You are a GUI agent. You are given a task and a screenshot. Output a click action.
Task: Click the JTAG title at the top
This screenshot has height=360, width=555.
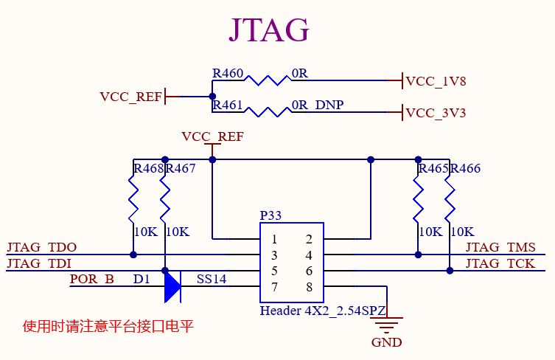click(268, 30)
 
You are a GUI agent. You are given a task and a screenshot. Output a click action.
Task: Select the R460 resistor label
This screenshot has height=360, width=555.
click(227, 74)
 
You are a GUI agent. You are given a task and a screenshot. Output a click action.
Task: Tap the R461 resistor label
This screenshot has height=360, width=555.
click(227, 105)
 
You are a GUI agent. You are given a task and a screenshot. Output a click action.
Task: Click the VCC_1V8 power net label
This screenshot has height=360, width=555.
click(436, 81)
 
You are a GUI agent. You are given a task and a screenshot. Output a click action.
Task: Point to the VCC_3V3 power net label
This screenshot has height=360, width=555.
click(436, 114)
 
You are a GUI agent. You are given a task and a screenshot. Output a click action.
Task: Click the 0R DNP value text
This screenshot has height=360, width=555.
click(318, 105)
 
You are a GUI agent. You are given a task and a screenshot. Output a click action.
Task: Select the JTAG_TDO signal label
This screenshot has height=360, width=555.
click(41, 248)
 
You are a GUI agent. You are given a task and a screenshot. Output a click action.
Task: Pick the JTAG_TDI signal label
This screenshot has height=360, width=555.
click(39, 263)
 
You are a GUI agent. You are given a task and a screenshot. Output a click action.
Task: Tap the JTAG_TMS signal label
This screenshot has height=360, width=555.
click(500, 248)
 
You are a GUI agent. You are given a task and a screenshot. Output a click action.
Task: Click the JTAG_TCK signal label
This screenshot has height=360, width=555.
click(500, 263)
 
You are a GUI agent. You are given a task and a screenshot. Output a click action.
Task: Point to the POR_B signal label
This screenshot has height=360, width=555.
click(92, 280)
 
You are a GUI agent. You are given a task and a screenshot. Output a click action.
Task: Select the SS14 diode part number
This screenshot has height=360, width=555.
click(212, 280)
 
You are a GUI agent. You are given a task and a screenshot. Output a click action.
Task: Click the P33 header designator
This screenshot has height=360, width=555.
click(270, 215)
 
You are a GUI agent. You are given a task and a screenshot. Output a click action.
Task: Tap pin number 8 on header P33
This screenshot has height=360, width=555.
click(309, 287)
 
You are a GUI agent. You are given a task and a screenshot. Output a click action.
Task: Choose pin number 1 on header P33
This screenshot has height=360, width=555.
click(274, 239)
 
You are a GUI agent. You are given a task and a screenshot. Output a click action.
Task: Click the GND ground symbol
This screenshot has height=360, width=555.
click(386, 325)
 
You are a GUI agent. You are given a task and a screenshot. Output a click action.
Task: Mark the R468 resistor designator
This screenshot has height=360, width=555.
click(147, 169)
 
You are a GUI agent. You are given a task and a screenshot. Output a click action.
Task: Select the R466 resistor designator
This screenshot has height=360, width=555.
click(465, 169)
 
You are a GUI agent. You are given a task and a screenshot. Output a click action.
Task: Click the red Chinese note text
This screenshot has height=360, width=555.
click(108, 326)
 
